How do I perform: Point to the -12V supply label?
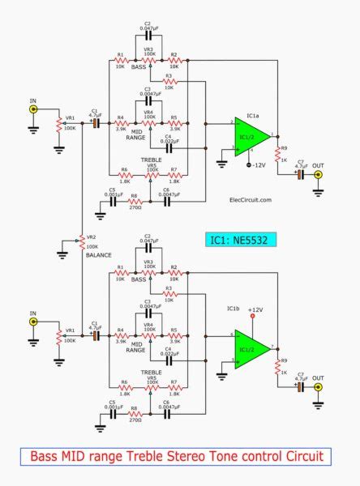click(x=258, y=165)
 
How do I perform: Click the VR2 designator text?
click(x=92, y=237)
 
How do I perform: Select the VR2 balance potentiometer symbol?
click(x=81, y=241)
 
